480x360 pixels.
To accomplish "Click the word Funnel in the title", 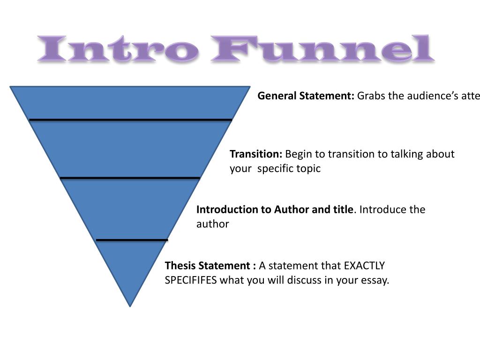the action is coord(322,50).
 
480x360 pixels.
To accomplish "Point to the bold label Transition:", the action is coord(256,154).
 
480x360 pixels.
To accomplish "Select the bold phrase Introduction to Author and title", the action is coord(274,210).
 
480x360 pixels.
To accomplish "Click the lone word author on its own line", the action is coord(212,224).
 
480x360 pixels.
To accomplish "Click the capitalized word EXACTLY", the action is coord(364,266).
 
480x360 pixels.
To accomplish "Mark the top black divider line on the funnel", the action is coord(130,120).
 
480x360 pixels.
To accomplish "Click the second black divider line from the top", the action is coord(130,178).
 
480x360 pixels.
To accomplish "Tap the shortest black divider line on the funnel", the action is coord(132,240).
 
